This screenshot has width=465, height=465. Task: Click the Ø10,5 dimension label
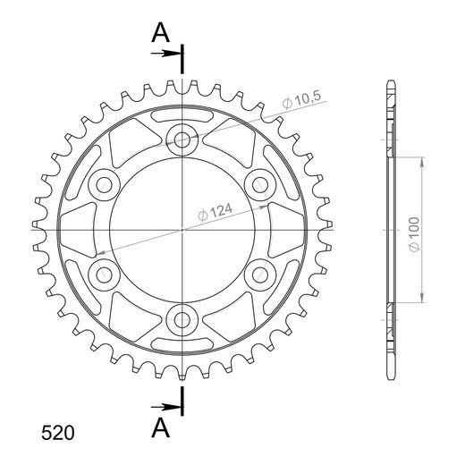coord(302,100)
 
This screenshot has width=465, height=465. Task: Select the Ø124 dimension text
coord(215,212)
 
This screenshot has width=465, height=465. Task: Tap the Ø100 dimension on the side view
coord(414,234)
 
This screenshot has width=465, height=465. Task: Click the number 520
coord(58,433)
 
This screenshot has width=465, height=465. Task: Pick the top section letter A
coord(161,32)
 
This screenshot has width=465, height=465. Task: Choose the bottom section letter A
coord(161,427)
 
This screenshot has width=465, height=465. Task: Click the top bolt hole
coord(182,139)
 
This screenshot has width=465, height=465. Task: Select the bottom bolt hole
coord(182,320)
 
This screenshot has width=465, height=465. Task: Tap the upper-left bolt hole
coord(104,185)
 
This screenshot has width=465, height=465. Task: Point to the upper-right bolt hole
coord(260,185)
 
